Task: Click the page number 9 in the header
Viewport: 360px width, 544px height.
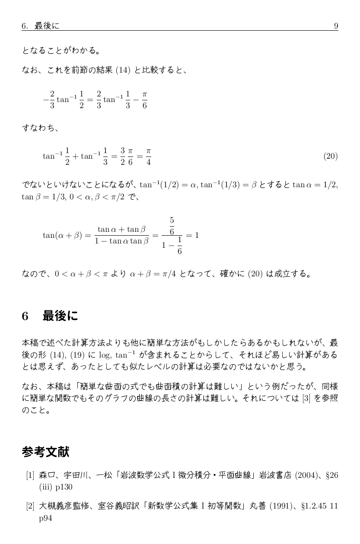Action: [336, 26]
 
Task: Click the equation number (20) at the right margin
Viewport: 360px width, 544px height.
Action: [330, 156]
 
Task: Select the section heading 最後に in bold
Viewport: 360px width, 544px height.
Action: [60, 316]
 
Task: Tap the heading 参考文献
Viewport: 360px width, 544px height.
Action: [45, 452]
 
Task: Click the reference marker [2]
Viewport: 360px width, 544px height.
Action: [30, 506]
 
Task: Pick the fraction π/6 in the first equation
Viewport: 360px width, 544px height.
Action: [144, 100]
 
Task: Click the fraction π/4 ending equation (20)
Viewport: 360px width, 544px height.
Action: [148, 157]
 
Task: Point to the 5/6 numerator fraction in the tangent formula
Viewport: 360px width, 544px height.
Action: [172, 226]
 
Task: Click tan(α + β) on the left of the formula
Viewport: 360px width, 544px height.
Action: [63, 236]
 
